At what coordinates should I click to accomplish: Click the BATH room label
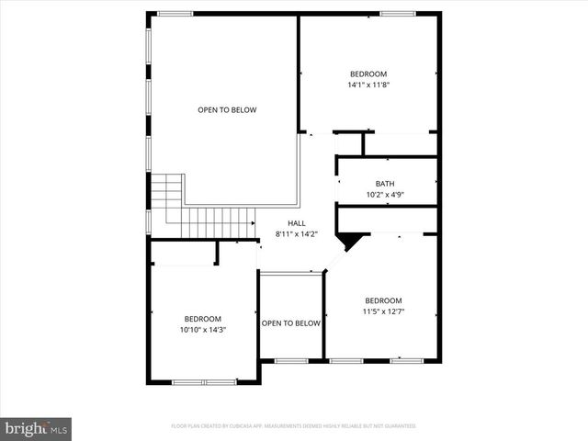pos(384,184)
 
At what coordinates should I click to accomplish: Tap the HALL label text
pos(296,223)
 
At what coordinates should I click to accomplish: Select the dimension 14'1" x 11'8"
pos(367,85)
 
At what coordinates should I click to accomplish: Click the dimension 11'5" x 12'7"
pos(383,311)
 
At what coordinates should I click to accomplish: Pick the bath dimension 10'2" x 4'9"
pos(384,195)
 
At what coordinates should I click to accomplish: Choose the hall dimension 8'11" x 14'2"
pos(296,234)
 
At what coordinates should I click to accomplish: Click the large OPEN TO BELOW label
pos(227,110)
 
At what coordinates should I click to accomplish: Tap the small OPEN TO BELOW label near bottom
pos(291,323)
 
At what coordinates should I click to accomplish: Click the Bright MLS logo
pos(37,428)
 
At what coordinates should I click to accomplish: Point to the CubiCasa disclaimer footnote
pos(294,426)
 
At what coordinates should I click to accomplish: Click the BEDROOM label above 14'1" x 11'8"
pos(367,74)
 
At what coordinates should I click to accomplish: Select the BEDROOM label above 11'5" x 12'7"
pos(383,300)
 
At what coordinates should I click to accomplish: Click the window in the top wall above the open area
pos(175,13)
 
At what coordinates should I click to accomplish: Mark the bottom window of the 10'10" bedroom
pos(204,381)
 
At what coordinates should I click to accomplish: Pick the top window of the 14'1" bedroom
pos(398,13)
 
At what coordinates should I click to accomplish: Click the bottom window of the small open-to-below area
pos(291,360)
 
